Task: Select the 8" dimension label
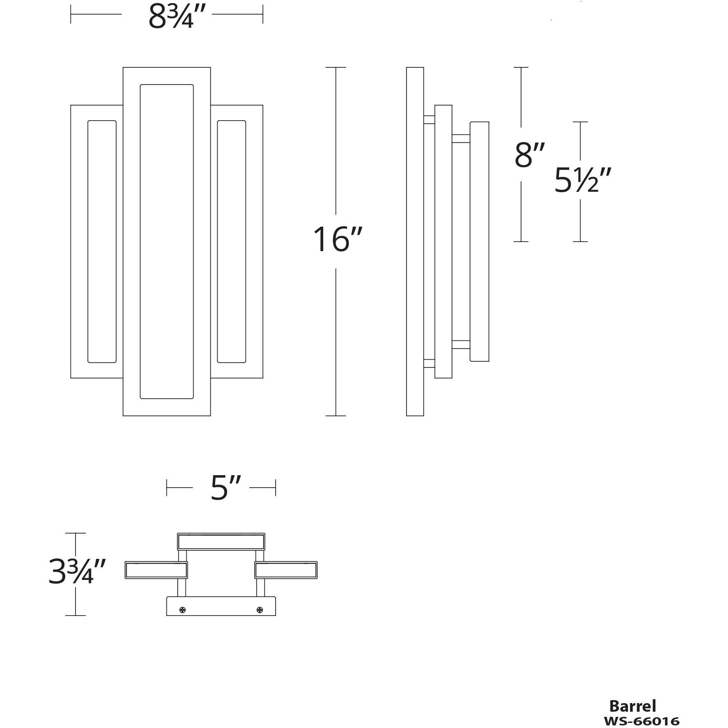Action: click(529, 155)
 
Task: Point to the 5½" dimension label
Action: click(582, 180)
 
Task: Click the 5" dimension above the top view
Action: click(225, 488)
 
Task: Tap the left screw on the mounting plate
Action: click(183, 610)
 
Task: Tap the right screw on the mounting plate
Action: click(259, 610)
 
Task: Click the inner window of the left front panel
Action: click(102, 242)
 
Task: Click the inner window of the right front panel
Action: click(231, 242)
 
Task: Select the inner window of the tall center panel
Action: click(167, 242)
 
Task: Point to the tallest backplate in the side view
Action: click(415, 242)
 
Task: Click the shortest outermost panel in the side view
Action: click(479, 242)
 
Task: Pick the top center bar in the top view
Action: click(221, 542)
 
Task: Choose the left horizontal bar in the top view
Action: click(156, 570)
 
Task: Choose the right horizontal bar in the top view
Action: click(286, 570)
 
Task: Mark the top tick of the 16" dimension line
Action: click(336, 67)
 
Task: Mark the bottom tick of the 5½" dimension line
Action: click(580, 242)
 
